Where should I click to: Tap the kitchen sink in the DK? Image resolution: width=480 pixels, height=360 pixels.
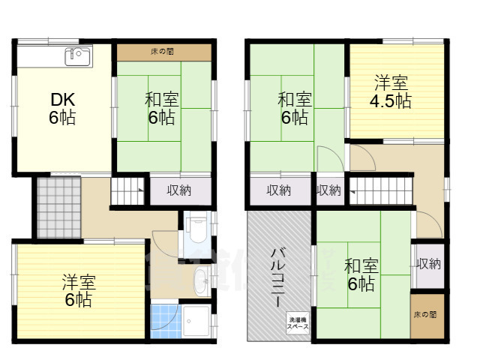[77, 55]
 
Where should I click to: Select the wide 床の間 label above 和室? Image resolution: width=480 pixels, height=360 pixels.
[163, 52]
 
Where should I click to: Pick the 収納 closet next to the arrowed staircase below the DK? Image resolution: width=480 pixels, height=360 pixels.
[178, 190]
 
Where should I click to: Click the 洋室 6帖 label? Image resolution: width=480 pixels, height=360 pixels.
[77, 292]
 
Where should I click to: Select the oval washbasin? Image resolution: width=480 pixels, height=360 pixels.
[200, 283]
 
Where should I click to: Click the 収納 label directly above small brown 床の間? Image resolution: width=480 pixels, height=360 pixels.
[429, 264]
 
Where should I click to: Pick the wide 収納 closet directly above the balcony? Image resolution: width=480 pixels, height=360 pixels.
[279, 190]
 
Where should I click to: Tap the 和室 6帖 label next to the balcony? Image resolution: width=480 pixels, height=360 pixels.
[361, 274]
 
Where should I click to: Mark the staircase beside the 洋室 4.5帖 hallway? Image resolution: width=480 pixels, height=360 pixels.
[382, 191]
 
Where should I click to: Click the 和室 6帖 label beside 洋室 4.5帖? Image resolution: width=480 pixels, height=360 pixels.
[295, 109]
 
